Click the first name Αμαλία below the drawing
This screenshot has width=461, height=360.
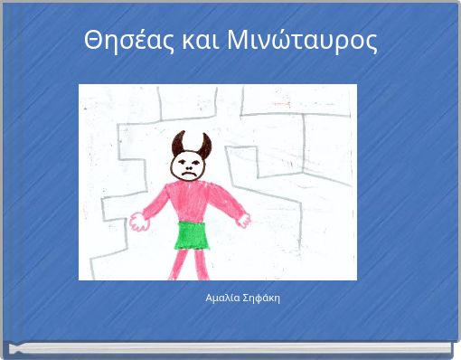tap(221, 298)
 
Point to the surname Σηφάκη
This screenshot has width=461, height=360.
tap(261, 298)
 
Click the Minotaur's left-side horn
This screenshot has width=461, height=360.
tap(178, 142)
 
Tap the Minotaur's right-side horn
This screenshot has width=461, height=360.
tap(205, 144)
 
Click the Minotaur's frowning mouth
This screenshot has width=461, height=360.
tap(190, 172)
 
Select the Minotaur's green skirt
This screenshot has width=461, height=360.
tap(192, 235)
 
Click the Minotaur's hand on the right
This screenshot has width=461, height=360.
tap(243, 219)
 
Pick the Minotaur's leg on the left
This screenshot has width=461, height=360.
tap(180, 263)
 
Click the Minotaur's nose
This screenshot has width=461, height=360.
tap(190, 166)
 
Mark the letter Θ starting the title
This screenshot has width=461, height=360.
tap(91, 41)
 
